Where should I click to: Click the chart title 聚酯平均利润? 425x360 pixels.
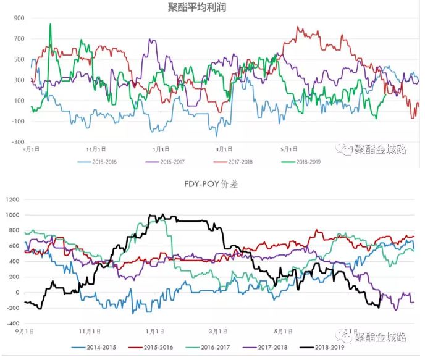tap(212, 7)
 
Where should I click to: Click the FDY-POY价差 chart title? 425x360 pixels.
tap(212, 184)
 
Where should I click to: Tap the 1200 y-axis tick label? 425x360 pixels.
tap(12, 199)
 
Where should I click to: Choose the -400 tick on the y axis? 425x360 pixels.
tap(12, 324)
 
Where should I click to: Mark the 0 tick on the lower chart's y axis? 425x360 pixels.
tap(17, 293)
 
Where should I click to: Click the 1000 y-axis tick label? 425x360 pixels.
tap(12, 215)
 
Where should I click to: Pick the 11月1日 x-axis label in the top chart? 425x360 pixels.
tap(96, 149)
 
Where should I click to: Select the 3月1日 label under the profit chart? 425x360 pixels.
tap(225, 149)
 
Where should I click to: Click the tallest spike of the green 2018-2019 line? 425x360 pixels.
tap(50, 25)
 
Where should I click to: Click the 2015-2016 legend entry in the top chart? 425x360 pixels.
tap(101, 162)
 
